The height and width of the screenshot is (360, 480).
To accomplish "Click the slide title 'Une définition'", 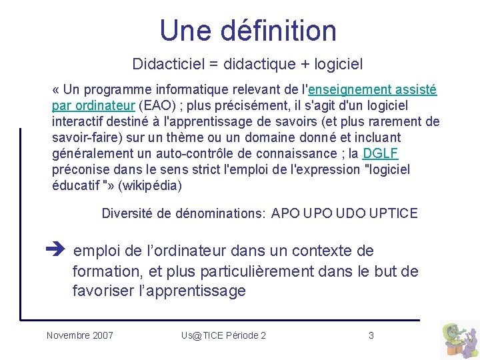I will (x=248, y=31).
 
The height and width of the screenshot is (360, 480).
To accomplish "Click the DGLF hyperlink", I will (x=380, y=154).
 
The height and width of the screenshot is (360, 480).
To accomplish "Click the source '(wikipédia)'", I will (x=149, y=186).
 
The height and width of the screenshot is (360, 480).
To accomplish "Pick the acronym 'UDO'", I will (x=351, y=214).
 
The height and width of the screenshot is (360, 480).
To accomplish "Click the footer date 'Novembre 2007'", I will (x=80, y=335).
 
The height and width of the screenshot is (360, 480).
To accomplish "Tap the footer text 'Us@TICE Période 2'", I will (x=223, y=335).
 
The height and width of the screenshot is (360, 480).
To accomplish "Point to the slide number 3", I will (x=371, y=335).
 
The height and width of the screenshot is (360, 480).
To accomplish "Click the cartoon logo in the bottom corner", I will (x=459, y=339).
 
